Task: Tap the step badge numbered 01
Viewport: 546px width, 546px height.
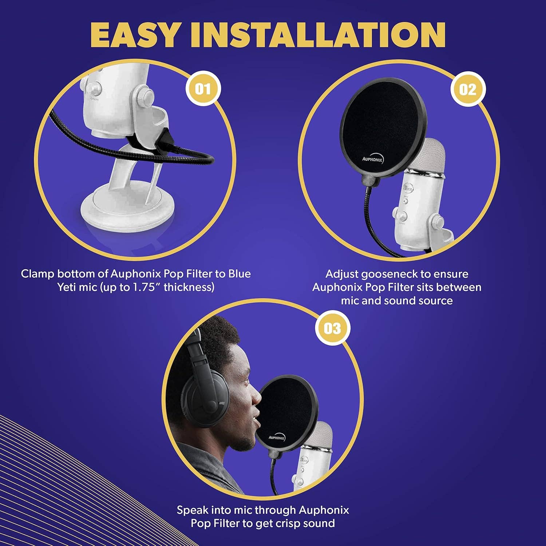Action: click(203, 88)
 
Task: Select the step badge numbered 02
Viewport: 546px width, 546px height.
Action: click(467, 89)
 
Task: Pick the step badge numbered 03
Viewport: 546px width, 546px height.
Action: click(332, 328)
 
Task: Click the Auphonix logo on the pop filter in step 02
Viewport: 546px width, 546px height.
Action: click(372, 159)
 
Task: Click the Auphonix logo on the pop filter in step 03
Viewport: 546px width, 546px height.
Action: click(277, 438)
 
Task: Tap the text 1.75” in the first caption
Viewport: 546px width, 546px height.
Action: click(146, 287)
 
